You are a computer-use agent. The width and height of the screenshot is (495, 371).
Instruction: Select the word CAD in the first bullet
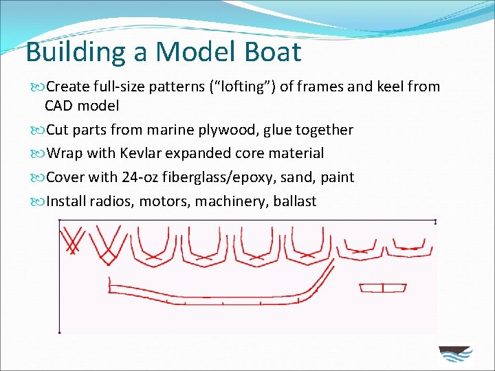pyautogui.click(x=60, y=106)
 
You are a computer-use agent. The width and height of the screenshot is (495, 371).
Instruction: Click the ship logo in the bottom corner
pyautogui.click(x=454, y=355)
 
